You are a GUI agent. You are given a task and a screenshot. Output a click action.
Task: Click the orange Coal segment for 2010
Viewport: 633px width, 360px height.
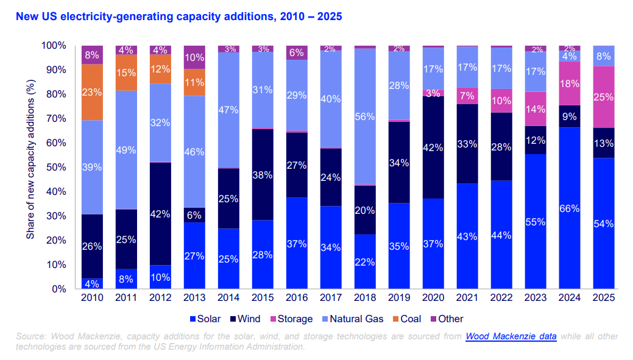coord(93,93)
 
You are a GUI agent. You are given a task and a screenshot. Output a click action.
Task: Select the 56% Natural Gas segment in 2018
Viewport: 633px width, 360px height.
coord(365,117)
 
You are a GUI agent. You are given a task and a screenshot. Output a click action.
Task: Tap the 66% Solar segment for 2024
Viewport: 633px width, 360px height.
coord(570,208)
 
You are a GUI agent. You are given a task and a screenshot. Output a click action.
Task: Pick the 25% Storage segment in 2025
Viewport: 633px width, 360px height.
coord(604,97)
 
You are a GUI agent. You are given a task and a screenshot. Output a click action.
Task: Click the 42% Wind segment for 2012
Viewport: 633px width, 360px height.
coord(161,214)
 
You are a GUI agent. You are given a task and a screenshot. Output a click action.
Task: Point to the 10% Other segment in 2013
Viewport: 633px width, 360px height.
coord(195,57)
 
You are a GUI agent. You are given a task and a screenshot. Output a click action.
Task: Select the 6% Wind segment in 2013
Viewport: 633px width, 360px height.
coord(195,215)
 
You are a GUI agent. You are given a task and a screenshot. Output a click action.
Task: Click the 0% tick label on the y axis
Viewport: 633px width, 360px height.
coord(58,289)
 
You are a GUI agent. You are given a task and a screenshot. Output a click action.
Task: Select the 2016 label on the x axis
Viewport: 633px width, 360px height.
coord(297,298)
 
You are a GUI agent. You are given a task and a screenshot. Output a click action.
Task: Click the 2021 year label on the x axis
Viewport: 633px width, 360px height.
coord(467,298)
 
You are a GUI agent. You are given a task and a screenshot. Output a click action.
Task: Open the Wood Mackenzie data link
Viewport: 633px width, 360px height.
coord(511,336)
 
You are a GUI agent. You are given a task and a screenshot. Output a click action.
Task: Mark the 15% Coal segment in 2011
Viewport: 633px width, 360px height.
coord(127,72)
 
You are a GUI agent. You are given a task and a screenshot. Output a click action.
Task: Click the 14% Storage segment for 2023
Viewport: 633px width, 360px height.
coord(536,109)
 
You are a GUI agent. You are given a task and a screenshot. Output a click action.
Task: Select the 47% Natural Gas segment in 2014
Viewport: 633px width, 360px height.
coord(228,110)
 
